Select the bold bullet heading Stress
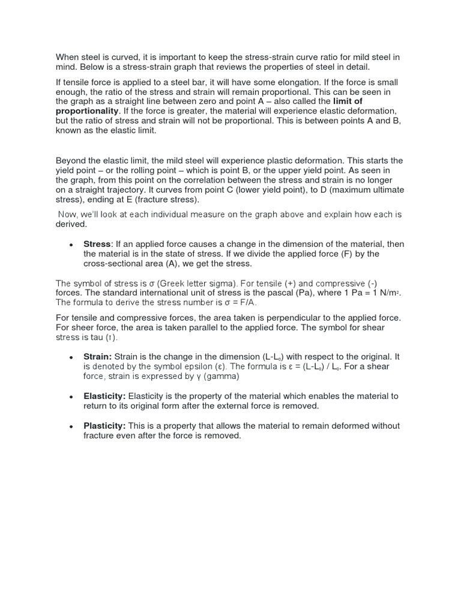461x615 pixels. pos(97,244)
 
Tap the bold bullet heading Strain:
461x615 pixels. pos(98,357)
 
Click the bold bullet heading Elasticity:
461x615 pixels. pos(104,396)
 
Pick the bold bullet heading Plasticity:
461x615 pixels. pos(105,426)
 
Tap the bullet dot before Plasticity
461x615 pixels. pos(71,427)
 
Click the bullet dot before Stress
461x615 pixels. pos(71,245)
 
